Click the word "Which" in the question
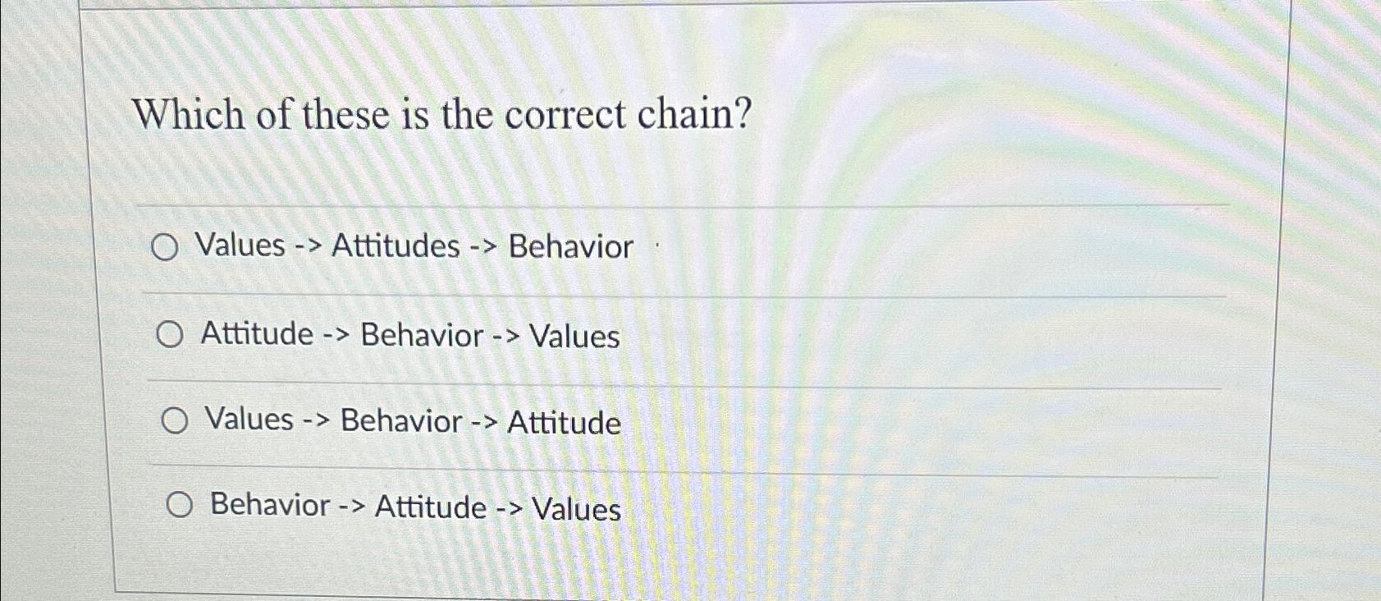(x=188, y=113)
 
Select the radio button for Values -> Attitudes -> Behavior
(x=165, y=247)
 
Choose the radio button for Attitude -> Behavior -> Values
(x=170, y=335)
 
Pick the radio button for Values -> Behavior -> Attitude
(x=174, y=421)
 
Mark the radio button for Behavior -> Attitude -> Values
(x=180, y=505)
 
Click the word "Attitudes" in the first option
(x=396, y=245)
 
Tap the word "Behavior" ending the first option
(x=571, y=246)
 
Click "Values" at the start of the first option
(x=240, y=245)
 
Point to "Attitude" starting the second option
(x=257, y=334)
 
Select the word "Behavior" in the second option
(x=422, y=336)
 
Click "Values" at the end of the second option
(x=574, y=337)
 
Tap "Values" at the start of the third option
(x=249, y=419)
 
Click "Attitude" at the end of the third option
(x=565, y=423)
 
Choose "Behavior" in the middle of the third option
(x=401, y=420)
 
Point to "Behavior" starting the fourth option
(x=270, y=504)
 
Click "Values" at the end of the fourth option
(x=576, y=509)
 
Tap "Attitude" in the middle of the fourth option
(x=430, y=507)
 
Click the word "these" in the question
(x=348, y=113)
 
